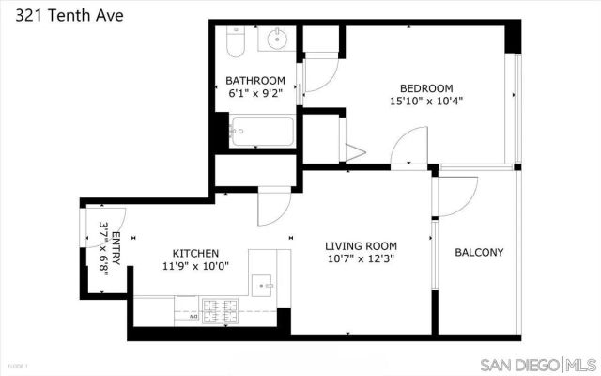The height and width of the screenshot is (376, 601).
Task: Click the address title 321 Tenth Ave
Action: (63, 16)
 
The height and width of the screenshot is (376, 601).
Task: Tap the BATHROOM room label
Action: (254, 80)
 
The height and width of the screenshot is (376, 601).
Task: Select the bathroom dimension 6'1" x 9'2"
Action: (254, 94)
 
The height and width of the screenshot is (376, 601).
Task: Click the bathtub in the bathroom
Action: (260, 131)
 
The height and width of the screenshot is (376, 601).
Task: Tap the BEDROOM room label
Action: (426, 87)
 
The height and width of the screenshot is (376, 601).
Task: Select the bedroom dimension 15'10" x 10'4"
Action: (426, 101)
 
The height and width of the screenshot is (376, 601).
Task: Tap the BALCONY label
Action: (479, 253)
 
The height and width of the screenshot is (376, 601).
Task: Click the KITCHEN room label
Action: (195, 253)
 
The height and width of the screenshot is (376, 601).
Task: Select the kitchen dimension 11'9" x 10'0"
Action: (195, 267)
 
